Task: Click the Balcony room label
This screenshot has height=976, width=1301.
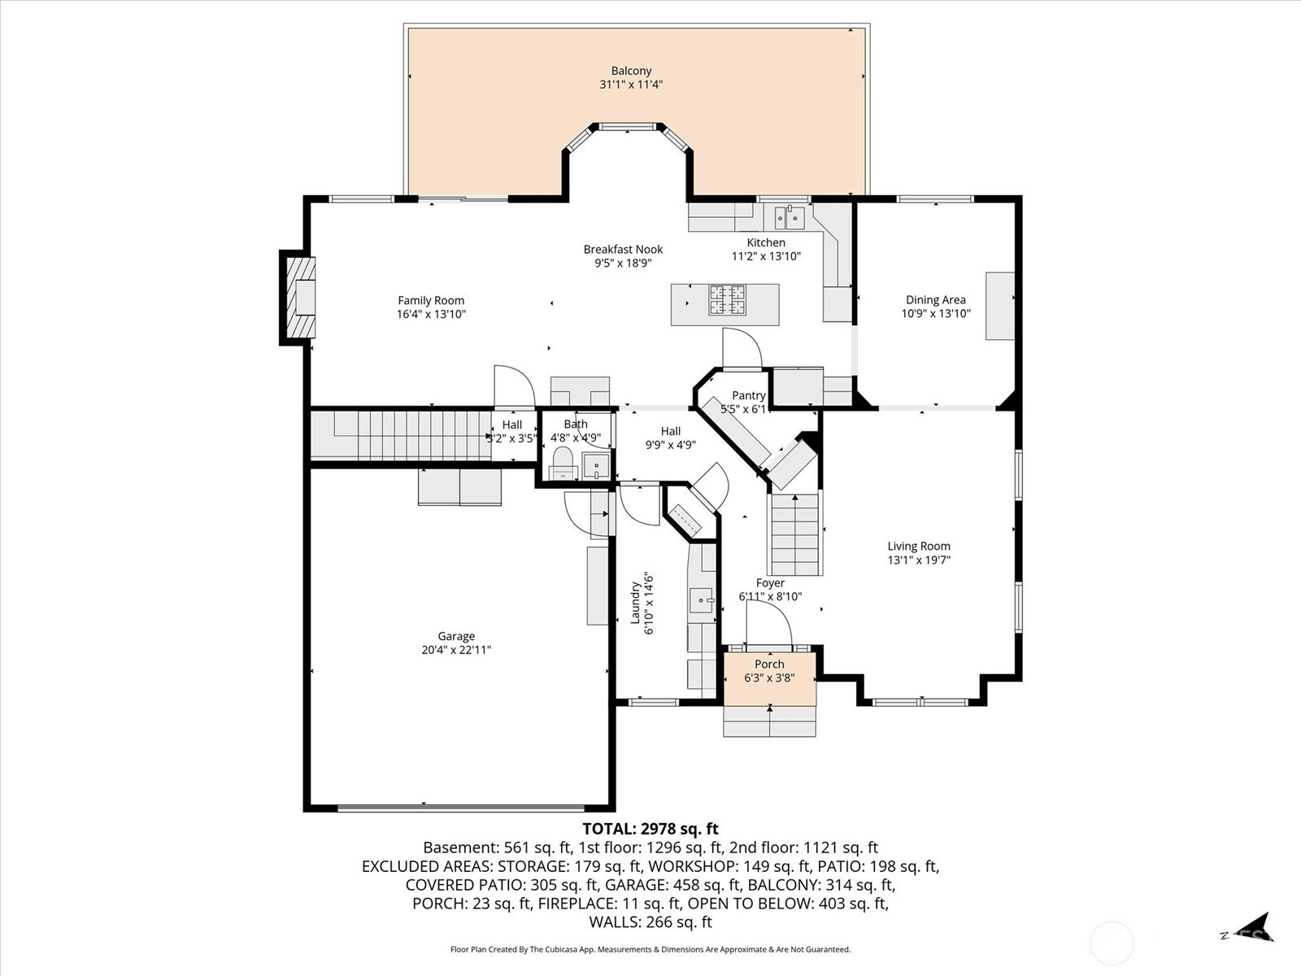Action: pos(631,71)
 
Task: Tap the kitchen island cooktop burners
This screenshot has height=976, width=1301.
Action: pos(728,300)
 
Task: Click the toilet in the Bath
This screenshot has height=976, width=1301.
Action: pos(563,464)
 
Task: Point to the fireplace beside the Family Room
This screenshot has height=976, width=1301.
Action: pos(298,298)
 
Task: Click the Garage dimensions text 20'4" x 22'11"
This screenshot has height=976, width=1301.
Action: pos(456,650)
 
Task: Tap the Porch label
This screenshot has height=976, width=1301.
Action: pos(769,664)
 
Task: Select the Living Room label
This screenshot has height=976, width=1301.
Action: pos(919,547)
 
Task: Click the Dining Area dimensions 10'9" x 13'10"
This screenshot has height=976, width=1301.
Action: pos(936,313)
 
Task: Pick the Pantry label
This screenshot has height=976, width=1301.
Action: pos(749,395)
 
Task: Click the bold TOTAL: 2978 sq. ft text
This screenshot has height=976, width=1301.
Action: pos(650,829)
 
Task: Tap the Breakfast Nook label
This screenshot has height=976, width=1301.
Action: pos(623,250)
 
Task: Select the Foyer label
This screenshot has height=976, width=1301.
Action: pos(770,583)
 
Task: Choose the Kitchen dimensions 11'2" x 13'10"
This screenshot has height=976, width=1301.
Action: pos(767,256)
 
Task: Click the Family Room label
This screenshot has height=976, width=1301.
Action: pos(431,300)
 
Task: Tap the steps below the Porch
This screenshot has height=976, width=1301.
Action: pos(769,721)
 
